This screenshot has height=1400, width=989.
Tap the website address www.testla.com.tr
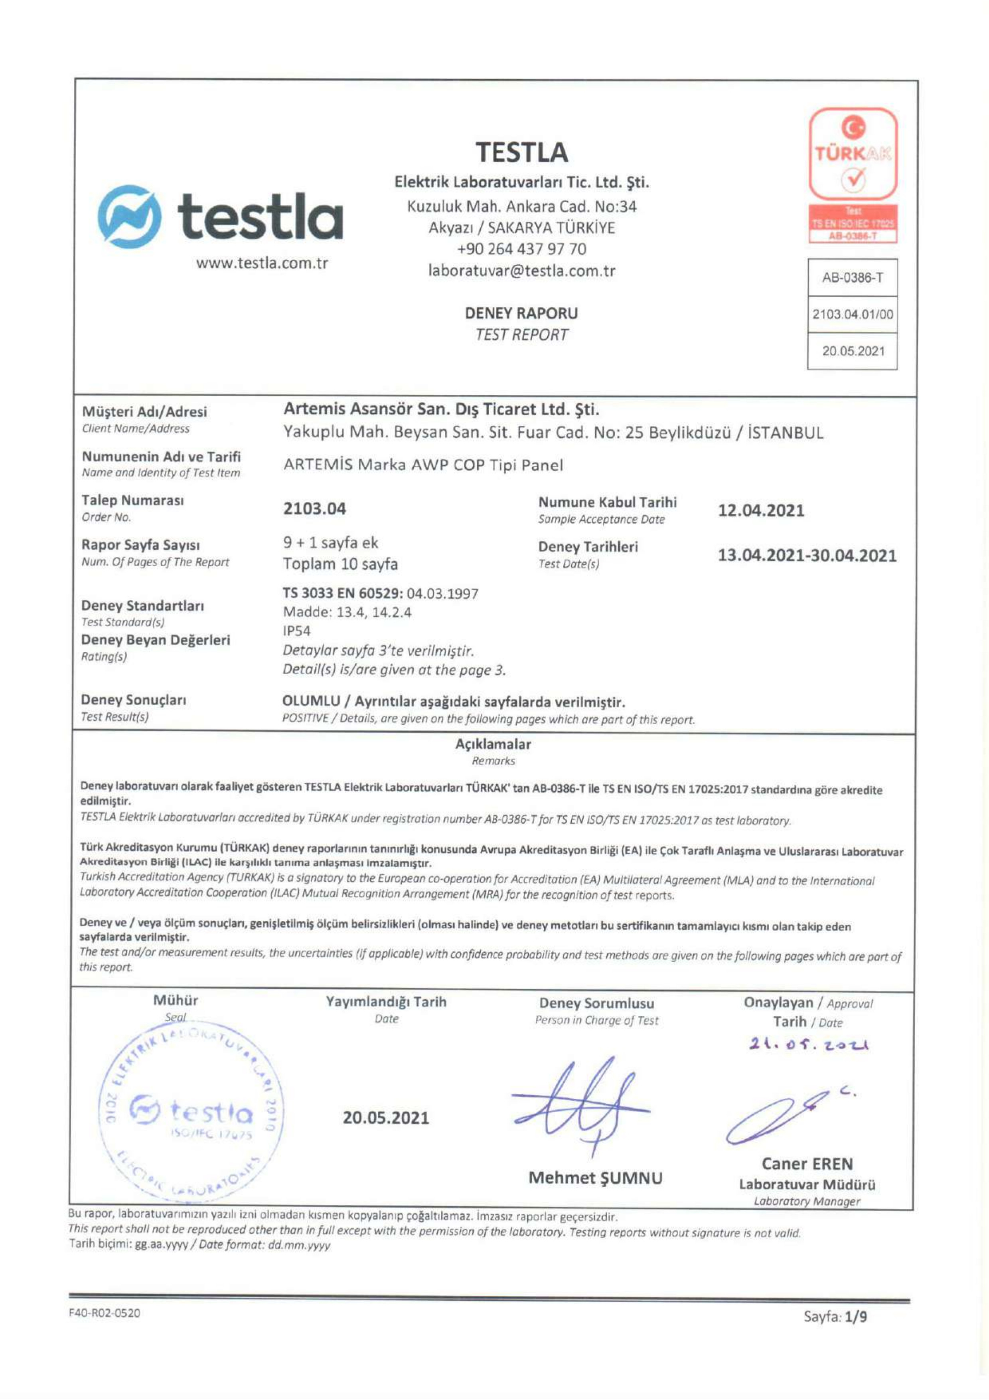[262, 263]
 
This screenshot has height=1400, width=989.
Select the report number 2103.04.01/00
[853, 314]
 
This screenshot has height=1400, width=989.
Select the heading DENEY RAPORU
[521, 313]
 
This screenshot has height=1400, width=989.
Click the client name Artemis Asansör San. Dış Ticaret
[441, 409]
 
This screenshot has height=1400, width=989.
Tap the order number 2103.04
[314, 508]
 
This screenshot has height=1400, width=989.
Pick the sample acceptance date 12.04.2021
[761, 510]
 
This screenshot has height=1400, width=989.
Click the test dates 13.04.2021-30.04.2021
[807, 556]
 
